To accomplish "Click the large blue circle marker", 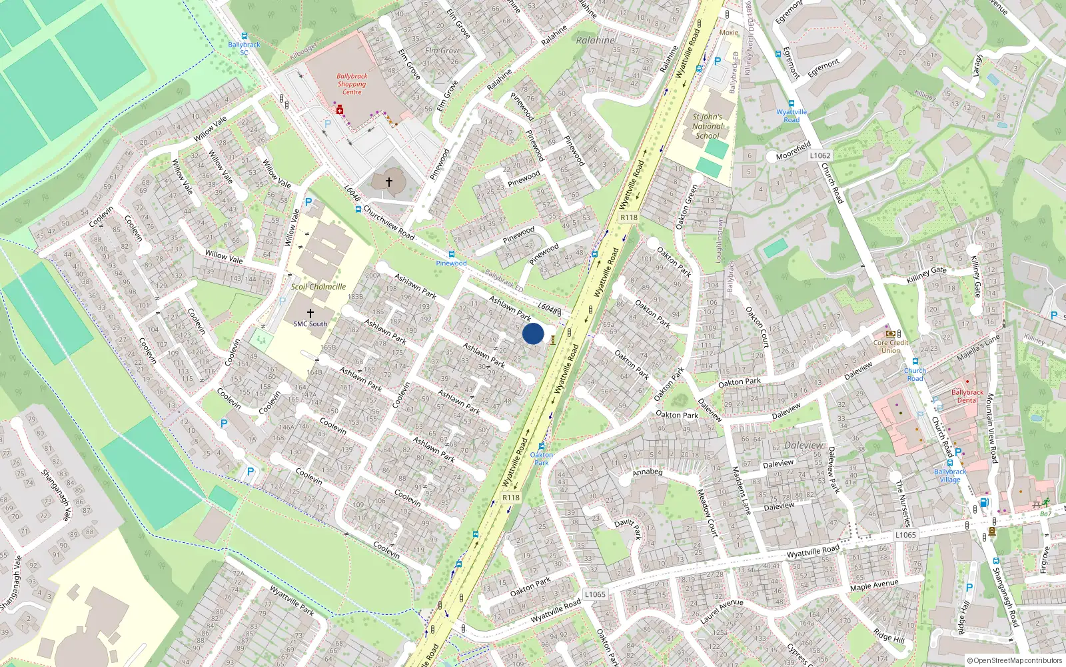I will click(533, 333).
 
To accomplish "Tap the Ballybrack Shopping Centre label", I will click(352, 84).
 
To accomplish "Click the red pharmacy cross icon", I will click(339, 109).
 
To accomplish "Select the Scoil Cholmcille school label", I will click(318, 287).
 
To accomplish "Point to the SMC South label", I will click(310, 324).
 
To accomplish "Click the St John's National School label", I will click(707, 126).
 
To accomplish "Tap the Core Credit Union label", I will click(891, 346).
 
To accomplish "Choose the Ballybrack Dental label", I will click(967, 396).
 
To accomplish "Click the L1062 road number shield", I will click(820, 155).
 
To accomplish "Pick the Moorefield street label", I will click(793, 151).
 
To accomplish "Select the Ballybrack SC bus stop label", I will click(244, 48).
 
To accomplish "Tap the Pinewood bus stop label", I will click(451, 263).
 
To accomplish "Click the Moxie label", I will click(729, 32).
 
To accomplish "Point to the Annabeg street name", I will click(648, 472).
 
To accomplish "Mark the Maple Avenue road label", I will click(874, 585).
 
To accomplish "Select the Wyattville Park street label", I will click(292, 600).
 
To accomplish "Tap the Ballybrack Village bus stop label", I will click(950, 475).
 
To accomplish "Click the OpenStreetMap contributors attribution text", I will click(1014, 660).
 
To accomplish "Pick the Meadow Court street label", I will click(707, 512).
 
